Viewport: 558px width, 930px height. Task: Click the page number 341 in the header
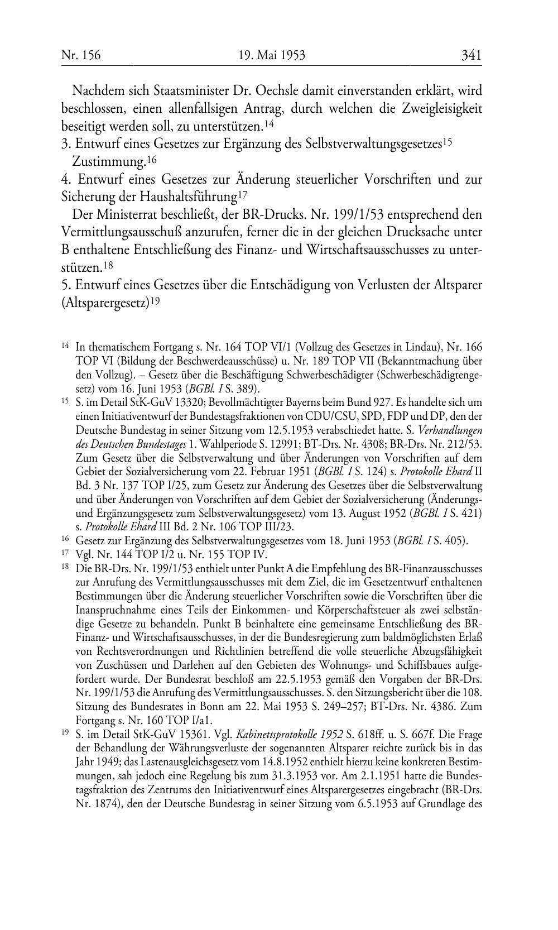pos(471,55)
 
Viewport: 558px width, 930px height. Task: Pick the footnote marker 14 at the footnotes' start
pos(65,346)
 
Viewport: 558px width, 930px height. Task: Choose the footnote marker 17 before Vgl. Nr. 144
pos(65,554)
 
